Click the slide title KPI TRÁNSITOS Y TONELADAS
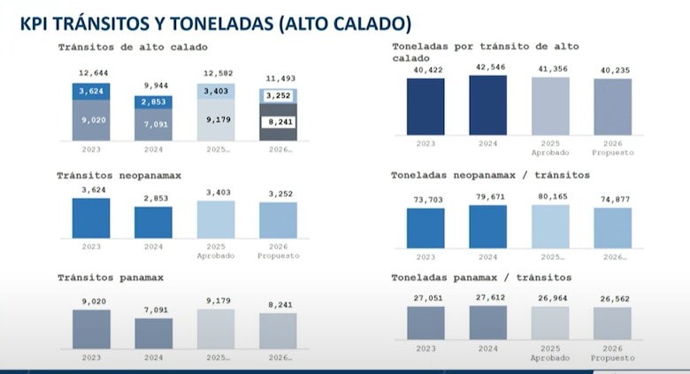coord(215,23)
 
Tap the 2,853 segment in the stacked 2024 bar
coord(154,103)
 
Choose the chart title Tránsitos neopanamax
coord(119,176)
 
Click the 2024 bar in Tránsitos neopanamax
coord(154,222)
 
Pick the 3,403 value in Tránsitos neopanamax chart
coord(216,191)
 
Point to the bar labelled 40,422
coord(425,107)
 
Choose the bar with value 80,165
coord(550,226)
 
